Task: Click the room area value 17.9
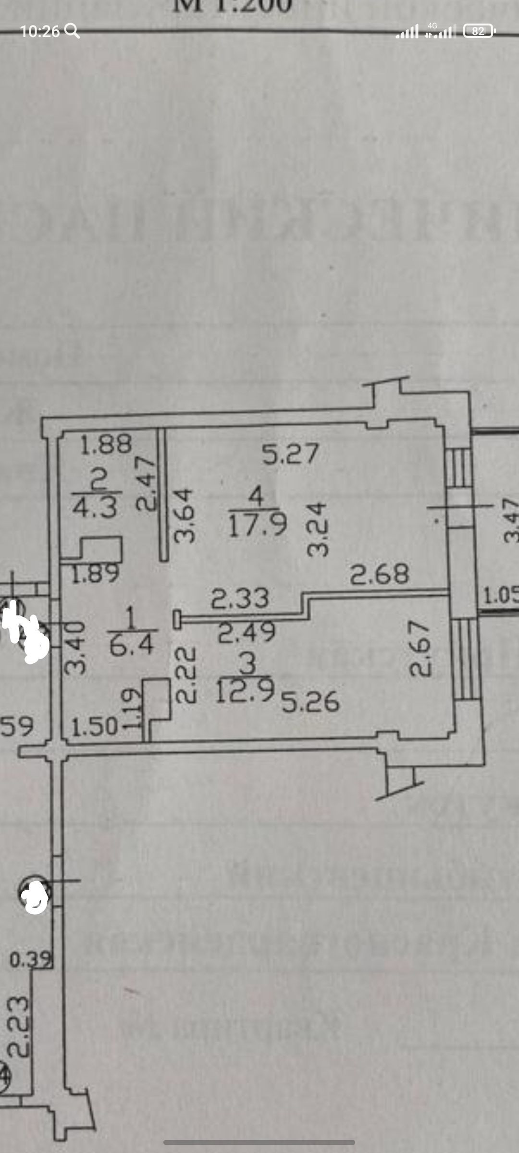[x=258, y=524]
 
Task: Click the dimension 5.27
[x=290, y=454]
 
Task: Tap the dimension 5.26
[x=310, y=702]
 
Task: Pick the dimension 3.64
[x=185, y=515]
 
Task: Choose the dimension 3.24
[x=317, y=529]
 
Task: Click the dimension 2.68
[x=380, y=574]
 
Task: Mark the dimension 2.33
[x=241, y=599]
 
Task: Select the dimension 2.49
[x=247, y=632]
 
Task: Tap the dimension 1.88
[x=106, y=444]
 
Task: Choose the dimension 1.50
[x=95, y=727]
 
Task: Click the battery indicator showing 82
[x=479, y=31]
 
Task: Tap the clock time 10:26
[x=40, y=32]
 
